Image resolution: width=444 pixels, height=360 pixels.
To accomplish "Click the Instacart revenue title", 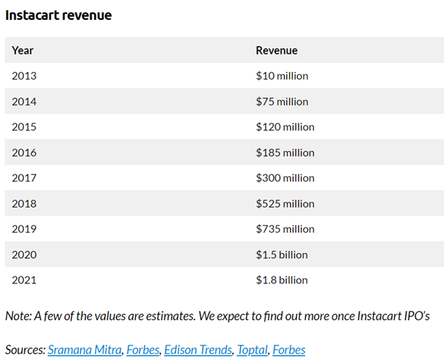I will [x=58, y=15].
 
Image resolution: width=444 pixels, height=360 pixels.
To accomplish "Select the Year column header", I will [x=23, y=51].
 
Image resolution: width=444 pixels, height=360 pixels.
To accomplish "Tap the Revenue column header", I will [x=276, y=51].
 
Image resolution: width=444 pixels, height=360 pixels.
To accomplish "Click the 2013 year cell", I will [x=24, y=76].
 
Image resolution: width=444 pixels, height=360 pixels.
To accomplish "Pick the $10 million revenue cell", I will [x=282, y=76].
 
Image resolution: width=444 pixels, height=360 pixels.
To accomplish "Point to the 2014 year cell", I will [x=24, y=101].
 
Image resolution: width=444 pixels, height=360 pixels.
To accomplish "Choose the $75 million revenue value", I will [x=282, y=101].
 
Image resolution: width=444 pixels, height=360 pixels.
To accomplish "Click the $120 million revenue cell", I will [x=285, y=127].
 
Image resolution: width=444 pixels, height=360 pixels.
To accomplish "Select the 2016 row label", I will [x=24, y=152].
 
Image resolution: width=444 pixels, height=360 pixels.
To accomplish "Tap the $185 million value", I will [x=285, y=152].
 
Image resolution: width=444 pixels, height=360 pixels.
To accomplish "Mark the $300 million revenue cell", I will [x=285, y=178].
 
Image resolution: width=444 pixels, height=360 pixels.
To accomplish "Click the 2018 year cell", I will [x=24, y=204].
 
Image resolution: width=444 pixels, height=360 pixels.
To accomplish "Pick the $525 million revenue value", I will [x=285, y=204].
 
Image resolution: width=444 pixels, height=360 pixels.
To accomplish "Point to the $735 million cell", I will [x=285, y=229].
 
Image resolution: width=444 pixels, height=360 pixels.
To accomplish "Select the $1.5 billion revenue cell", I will [x=282, y=254].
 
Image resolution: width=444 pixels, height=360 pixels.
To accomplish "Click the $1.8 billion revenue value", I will [x=282, y=280].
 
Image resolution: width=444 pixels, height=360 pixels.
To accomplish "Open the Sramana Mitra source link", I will [x=84, y=350].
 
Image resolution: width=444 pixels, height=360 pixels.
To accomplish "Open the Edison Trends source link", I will [x=198, y=350].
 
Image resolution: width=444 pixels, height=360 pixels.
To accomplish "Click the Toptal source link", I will [x=253, y=350].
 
